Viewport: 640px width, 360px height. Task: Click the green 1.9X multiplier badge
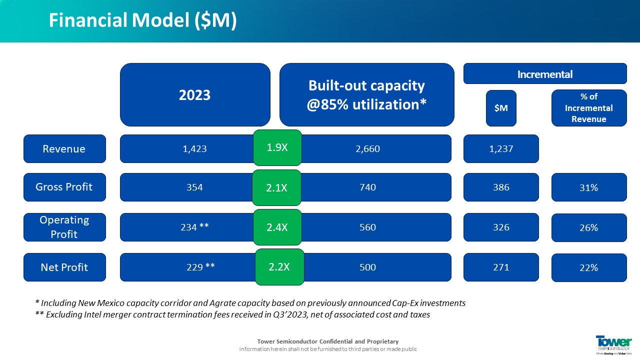tap(277, 147)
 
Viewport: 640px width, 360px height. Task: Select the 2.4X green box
tap(277, 227)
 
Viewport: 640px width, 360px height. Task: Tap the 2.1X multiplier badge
tap(277, 187)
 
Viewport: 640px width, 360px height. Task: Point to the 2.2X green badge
tap(279, 267)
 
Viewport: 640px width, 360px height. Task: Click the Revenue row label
tap(64, 148)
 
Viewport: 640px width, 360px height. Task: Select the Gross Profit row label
tap(64, 187)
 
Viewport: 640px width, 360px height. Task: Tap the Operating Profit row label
tap(64, 227)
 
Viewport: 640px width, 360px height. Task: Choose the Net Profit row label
tap(64, 267)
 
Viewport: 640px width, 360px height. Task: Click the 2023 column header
tap(195, 94)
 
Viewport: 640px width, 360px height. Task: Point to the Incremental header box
tap(545, 73)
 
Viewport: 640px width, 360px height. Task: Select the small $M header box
tap(501, 108)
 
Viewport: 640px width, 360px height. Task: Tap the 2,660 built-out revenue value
tap(368, 148)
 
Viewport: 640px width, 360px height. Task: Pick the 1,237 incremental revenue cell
tap(501, 148)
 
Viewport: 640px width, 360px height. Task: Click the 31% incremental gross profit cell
tap(588, 187)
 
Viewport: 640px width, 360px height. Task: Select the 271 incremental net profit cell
tap(501, 267)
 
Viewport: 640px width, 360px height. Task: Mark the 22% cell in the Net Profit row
tap(588, 267)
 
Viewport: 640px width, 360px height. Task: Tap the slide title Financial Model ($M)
tap(142, 20)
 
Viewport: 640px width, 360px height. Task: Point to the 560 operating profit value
tap(368, 227)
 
